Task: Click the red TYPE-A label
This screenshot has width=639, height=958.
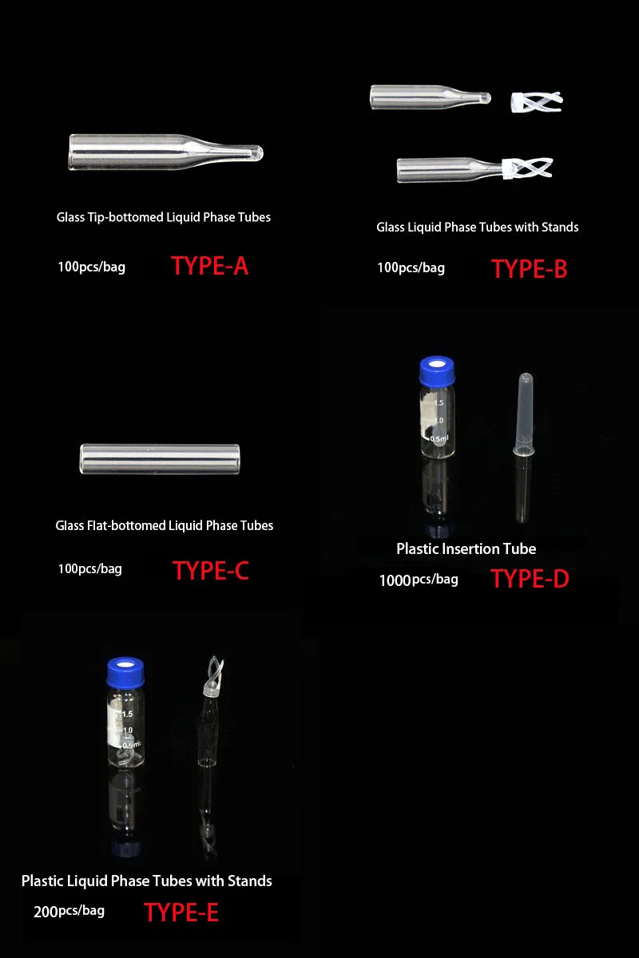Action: click(x=209, y=266)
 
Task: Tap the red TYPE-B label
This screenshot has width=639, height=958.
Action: click(x=529, y=269)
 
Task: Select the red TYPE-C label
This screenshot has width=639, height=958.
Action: click(x=211, y=571)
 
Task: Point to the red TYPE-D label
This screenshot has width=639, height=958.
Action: click(x=530, y=578)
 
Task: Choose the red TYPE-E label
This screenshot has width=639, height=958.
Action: click(x=181, y=912)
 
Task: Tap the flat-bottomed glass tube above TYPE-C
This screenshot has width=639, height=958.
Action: click(x=160, y=459)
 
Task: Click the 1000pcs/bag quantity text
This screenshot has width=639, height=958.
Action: click(x=419, y=580)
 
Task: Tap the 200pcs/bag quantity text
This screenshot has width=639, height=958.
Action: click(x=69, y=911)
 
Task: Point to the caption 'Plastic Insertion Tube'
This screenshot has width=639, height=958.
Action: click(x=466, y=548)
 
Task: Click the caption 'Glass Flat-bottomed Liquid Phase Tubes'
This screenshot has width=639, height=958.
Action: click(x=165, y=525)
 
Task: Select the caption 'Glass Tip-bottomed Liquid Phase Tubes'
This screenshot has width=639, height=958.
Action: click(x=164, y=217)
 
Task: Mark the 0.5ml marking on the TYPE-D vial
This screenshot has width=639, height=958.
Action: click(x=439, y=437)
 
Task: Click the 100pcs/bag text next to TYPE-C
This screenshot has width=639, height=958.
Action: click(x=90, y=569)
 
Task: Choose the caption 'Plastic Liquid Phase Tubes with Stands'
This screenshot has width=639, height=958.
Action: click(x=147, y=881)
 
